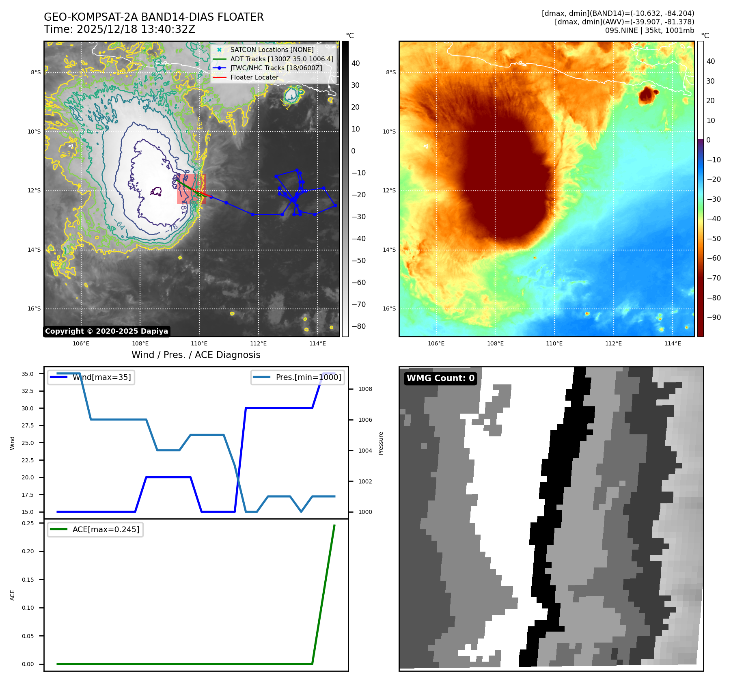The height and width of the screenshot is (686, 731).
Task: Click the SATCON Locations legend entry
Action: pos(272,50)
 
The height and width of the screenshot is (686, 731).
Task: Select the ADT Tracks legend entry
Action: pos(281,59)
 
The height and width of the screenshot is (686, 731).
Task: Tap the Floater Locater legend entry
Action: pos(254,77)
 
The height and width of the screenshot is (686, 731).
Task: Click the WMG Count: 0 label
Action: pos(440,378)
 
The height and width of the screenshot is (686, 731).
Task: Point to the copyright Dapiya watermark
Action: pos(106,331)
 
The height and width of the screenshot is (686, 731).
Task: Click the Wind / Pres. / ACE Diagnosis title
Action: pos(196,355)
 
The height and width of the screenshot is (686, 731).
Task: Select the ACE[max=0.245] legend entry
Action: pos(106,529)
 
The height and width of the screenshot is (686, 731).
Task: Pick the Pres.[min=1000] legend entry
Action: pos(308,377)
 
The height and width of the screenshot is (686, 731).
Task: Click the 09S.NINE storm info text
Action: pos(649,30)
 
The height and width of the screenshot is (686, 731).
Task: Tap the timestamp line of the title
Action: pos(120,30)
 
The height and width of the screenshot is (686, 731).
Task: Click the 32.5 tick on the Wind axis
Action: pos(28,391)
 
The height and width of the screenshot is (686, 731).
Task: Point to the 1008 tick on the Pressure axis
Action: pos(365,389)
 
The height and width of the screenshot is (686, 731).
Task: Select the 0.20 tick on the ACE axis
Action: pos(28,551)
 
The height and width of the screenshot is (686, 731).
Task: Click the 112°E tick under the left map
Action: pos(258,343)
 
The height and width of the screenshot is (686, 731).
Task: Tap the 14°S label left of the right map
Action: pos(389,250)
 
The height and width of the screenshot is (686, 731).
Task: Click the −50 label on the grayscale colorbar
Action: pos(358,261)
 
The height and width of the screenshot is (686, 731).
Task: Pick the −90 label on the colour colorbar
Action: pos(714,317)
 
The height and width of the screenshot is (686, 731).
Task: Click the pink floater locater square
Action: pos(191,189)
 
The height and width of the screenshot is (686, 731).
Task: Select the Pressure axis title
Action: pos(381,443)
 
